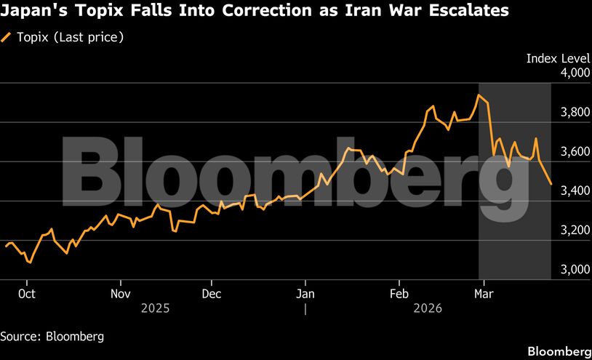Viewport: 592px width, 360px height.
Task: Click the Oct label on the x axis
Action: (x=27, y=295)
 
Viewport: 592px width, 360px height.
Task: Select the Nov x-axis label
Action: (x=121, y=295)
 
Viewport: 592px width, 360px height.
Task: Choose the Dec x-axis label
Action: (x=211, y=295)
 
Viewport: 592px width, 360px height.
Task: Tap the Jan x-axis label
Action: (x=305, y=295)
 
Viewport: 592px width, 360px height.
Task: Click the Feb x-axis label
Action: (x=399, y=295)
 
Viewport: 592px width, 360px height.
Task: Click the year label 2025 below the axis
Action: (x=155, y=308)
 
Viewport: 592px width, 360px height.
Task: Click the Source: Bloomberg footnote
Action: (x=52, y=337)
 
